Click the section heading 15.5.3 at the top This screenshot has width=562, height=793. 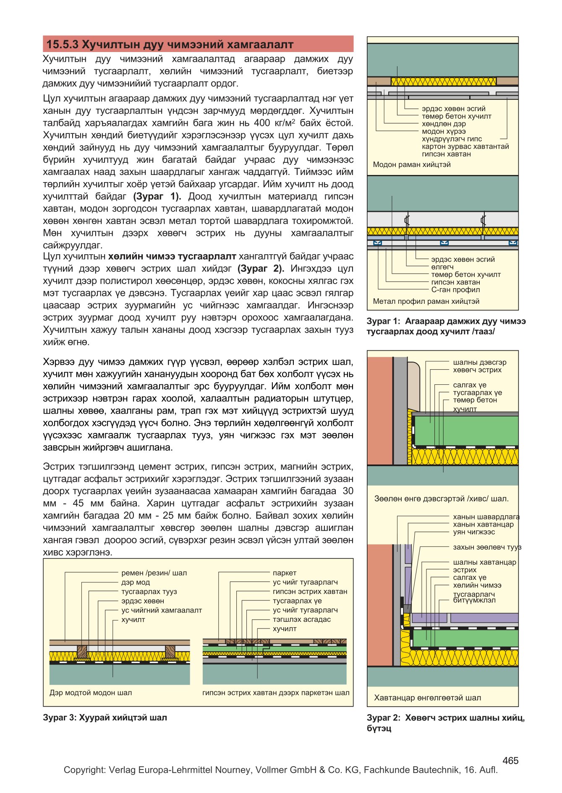170,44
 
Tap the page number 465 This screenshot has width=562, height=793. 510,760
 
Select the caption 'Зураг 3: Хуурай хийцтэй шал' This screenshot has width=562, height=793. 105,717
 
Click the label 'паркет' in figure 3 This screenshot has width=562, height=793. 285,573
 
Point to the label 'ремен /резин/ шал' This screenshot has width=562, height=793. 154,573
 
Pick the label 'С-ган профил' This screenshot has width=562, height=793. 455,290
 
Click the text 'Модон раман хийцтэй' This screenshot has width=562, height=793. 412,164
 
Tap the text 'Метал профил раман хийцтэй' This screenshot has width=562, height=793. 426,301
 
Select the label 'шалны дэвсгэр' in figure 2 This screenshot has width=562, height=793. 479,362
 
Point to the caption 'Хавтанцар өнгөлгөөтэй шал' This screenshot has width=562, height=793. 427,698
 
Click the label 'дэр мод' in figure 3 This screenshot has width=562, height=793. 136,582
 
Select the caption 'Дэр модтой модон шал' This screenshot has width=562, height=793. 91,693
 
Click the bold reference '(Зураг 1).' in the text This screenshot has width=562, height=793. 157,196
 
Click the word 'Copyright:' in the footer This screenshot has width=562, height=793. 84,770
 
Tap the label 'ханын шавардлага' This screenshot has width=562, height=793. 486,517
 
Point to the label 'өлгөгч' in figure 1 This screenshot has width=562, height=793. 442,267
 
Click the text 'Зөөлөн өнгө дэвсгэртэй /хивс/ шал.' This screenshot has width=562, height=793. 441,499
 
